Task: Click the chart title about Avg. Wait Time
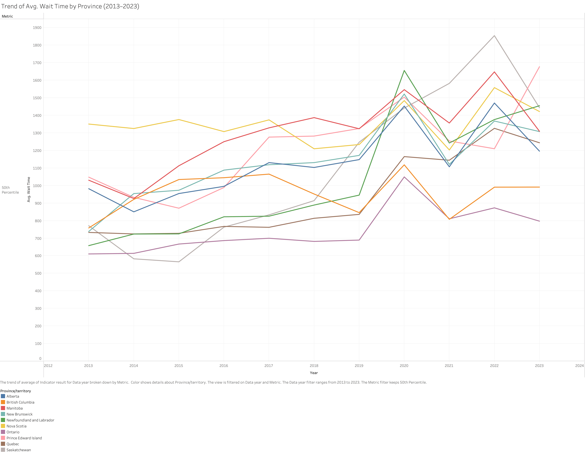click(70, 6)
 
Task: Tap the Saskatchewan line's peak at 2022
click(494, 36)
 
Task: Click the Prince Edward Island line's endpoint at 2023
click(539, 67)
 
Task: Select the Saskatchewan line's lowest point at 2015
click(179, 262)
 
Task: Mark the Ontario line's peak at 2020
click(404, 177)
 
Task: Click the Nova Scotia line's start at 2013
click(89, 124)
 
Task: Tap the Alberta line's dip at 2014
click(134, 212)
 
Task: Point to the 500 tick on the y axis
click(38, 273)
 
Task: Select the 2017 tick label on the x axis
click(269, 366)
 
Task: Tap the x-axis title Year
click(314, 373)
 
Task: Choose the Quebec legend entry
click(13, 444)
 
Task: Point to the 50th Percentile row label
click(10, 190)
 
